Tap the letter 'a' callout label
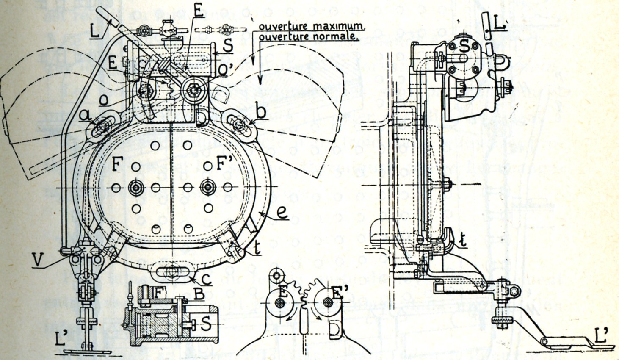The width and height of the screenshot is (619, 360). [x=86, y=114]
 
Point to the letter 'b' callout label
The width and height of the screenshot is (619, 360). [x=261, y=113]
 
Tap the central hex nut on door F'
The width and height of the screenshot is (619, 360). [x=208, y=187]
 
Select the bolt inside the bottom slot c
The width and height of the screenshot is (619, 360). [x=172, y=270]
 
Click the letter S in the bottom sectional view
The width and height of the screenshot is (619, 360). [x=206, y=324]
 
